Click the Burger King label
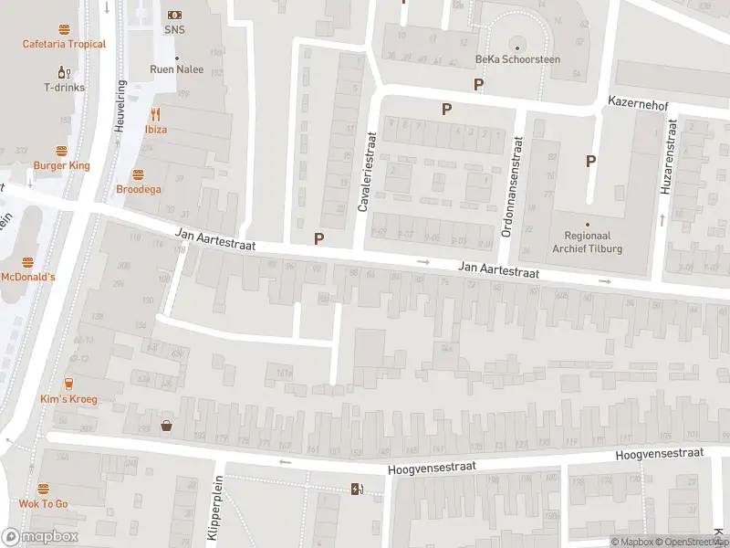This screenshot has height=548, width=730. click(x=62, y=165)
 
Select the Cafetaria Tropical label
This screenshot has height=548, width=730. click(x=64, y=44)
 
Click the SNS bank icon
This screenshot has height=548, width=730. click(x=174, y=15)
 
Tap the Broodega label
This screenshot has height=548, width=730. click(x=138, y=189)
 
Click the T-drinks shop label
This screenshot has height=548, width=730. click(x=64, y=88)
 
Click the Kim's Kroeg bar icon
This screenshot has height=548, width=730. click(x=69, y=384)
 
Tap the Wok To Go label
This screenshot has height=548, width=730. click(x=44, y=503)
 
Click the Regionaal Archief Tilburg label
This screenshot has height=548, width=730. click(x=589, y=241)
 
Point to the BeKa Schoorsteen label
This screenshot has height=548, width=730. click(x=517, y=59)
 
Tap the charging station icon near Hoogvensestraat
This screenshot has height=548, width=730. click(x=357, y=489)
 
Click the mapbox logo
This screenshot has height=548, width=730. click(x=40, y=537)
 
